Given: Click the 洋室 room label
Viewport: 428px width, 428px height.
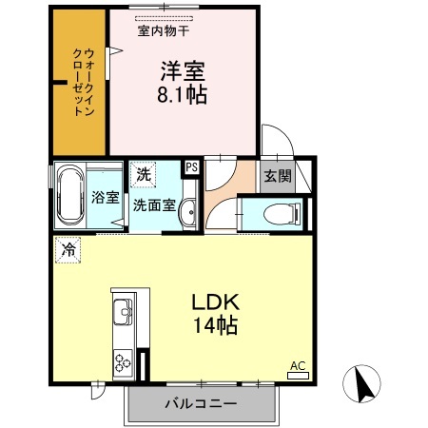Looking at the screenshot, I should (182, 71).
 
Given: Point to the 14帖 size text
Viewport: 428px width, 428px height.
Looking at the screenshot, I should (220, 326).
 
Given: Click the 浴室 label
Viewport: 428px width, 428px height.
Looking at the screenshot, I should (105, 198).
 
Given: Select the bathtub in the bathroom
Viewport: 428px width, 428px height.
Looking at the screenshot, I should (69, 197).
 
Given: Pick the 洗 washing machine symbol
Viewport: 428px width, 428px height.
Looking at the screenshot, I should (142, 174).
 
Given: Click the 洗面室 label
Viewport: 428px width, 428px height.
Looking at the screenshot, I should (152, 204).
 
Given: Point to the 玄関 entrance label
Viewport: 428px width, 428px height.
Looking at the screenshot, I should (277, 176).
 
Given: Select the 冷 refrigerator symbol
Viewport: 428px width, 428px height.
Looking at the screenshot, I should (68, 250).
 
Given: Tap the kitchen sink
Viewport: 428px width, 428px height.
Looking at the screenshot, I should (125, 311).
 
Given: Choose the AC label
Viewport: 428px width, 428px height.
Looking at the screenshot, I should (297, 365).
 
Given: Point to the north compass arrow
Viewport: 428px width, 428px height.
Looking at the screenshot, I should (363, 385).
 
